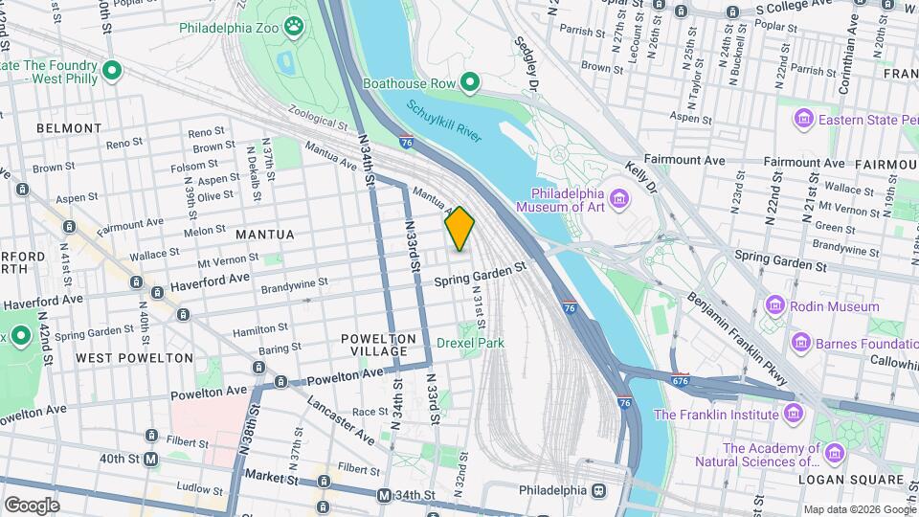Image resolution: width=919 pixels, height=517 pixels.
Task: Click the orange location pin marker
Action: pyautogui.click(x=459, y=228)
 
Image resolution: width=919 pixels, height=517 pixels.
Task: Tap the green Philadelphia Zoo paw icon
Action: pyautogui.click(x=293, y=26)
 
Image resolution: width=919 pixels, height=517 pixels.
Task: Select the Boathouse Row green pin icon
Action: pyautogui.click(x=470, y=84)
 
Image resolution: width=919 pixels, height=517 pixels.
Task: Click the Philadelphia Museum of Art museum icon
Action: pyautogui.click(x=620, y=199)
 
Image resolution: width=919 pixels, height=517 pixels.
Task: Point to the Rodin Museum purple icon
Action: pyautogui.click(x=775, y=306)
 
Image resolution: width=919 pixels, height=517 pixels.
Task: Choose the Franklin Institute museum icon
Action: pyautogui.click(x=793, y=415)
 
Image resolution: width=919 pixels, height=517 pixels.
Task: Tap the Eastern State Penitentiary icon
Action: pyautogui.click(x=803, y=120)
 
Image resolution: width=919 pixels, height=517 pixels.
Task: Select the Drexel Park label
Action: pyautogui.click(x=469, y=342)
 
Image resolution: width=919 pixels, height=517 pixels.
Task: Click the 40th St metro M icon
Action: pyautogui.click(x=151, y=460)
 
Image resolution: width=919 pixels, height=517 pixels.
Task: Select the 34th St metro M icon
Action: pyautogui.click(x=384, y=495)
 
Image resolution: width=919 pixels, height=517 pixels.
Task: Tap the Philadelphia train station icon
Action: pyautogui.click(x=599, y=490)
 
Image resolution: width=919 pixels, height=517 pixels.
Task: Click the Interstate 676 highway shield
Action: pyautogui.click(x=680, y=379)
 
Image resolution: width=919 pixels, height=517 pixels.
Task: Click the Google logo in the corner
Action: pyautogui.click(x=32, y=505)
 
